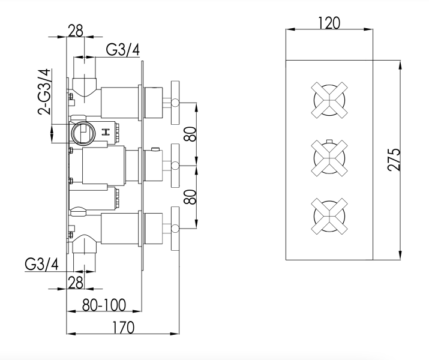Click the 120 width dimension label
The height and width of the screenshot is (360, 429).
[x=330, y=23]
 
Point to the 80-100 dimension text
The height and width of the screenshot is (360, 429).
[x=104, y=305]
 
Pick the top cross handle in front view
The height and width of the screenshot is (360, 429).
[x=329, y=100]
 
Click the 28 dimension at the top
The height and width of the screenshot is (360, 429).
[x=76, y=31]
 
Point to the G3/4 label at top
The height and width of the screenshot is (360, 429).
[x=124, y=50]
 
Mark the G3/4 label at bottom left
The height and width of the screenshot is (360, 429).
[x=41, y=265]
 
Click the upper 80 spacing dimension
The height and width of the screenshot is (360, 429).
[x=191, y=133]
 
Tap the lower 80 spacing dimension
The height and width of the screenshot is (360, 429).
[x=191, y=196]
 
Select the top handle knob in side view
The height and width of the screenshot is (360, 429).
[x=176, y=103]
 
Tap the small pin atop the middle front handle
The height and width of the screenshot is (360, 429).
[x=329, y=141]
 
